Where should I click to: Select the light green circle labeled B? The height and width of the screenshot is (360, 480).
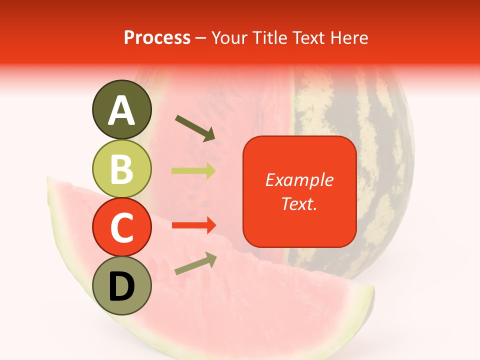point(122,168)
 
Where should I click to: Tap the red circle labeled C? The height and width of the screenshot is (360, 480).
point(122,227)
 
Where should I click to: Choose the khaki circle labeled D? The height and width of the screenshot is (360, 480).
point(122,285)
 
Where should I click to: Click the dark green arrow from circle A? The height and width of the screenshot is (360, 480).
point(195,127)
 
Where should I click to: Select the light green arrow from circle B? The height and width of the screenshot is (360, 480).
point(193,171)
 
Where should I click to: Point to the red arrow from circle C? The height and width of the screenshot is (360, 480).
point(193,225)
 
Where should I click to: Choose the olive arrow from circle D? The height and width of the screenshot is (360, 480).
point(195,264)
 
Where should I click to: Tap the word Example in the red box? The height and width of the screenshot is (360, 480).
point(299,180)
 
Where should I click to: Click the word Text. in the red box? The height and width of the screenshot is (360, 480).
point(299,203)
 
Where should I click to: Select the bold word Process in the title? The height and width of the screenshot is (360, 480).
point(157,37)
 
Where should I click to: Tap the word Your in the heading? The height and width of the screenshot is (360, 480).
point(229,37)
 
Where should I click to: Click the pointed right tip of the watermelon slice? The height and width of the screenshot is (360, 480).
point(372,289)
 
